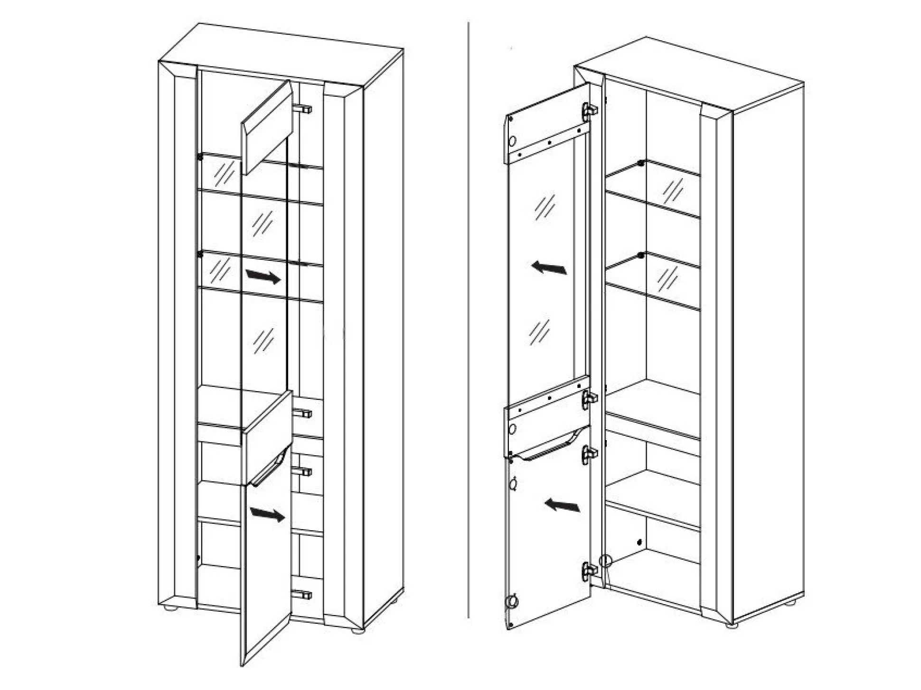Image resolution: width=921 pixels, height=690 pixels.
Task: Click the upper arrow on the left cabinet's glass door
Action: click(263, 276)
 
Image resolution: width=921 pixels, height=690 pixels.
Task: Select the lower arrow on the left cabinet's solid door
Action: click(267, 514)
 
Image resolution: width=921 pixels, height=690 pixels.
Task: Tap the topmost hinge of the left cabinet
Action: click(302, 109)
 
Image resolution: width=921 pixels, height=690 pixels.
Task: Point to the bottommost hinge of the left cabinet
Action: click(302, 595)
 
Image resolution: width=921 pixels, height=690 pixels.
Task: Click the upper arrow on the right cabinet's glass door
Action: click(549, 268)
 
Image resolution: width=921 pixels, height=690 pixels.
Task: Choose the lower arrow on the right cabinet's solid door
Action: click(563, 505)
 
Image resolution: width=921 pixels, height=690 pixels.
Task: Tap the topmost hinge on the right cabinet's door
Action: click(589, 112)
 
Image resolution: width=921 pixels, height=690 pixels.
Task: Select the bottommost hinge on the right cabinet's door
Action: click(589, 570)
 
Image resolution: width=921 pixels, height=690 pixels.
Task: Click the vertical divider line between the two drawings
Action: click(469, 322)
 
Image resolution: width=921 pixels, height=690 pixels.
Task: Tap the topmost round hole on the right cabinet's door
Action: click(512, 141)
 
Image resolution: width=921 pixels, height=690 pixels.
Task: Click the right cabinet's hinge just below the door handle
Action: click(589, 453)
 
